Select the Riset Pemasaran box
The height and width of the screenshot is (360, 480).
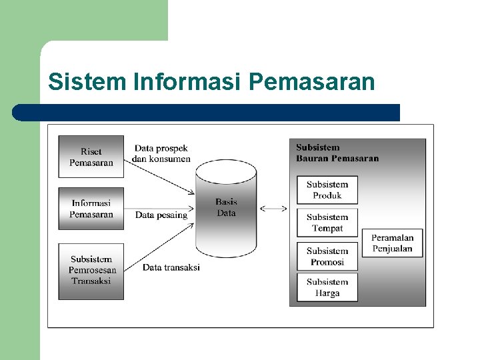pyautogui.click(x=91, y=157)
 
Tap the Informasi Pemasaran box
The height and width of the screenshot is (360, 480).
pyautogui.click(x=91, y=209)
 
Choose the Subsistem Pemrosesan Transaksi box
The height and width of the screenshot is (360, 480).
pyautogui.click(x=91, y=270)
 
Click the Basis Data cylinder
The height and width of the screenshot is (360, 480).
pyautogui.click(x=225, y=208)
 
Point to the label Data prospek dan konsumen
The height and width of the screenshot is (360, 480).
pyautogui.click(x=161, y=153)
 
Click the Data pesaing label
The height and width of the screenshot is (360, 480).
pyautogui.click(x=161, y=215)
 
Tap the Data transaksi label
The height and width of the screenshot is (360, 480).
pyautogui.click(x=171, y=267)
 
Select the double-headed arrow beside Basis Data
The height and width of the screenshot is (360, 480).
pyautogui.click(x=273, y=209)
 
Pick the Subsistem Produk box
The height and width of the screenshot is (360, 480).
pyautogui.click(x=327, y=190)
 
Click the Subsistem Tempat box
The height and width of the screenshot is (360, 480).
pyautogui.click(x=327, y=223)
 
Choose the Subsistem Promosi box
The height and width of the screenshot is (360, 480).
pyautogui.click(x=327, y=257)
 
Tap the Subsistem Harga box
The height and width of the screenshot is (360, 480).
pyautogui.click(x=327, y=287)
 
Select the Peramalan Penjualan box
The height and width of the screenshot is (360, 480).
pyautogui.click(x=392, y=243)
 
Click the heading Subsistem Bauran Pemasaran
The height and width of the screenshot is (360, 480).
pyautogui.click(x=337, y=153)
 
